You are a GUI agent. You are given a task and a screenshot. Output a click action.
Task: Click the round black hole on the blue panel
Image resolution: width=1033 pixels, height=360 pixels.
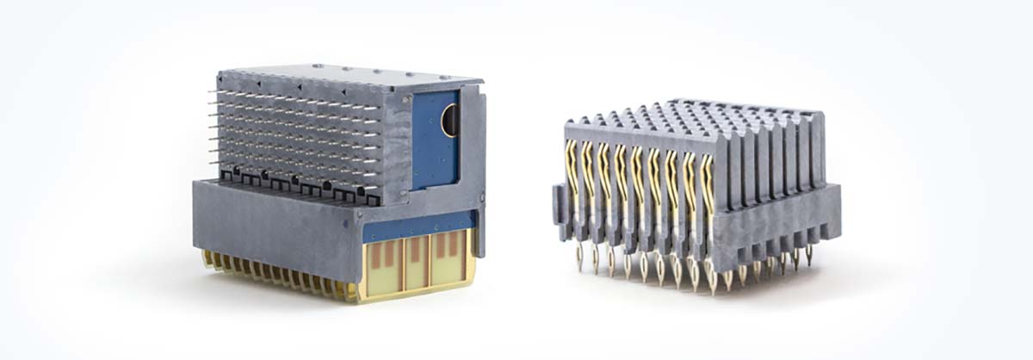click(x=451, y=121)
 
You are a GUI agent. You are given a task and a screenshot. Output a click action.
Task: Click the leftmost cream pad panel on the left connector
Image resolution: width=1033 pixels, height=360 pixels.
click(x=384, y=262)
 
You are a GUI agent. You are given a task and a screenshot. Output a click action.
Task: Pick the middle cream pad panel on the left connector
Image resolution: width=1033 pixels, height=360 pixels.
click(x=416, y=262)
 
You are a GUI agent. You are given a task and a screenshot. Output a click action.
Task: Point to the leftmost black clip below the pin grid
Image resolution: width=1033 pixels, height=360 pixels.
click(x=226, y=177)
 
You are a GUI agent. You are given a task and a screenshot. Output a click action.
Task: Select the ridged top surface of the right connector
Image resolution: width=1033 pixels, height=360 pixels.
click(x=689, y=116)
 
